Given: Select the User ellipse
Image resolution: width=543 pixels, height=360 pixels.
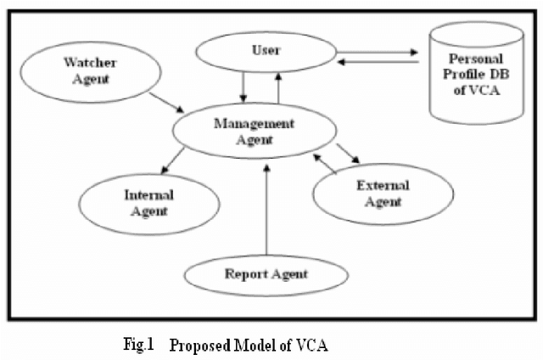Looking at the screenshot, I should [264, 52].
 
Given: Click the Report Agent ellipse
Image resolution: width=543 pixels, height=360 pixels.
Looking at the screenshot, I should [266, 273].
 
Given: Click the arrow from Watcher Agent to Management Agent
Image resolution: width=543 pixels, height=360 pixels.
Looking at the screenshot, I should [166, 101].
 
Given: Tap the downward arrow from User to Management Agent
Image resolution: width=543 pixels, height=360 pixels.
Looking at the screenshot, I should [244, 86].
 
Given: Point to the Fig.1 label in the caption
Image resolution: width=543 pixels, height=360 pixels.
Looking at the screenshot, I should [137, 346].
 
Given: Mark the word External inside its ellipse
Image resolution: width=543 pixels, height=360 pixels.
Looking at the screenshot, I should [383, 186].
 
